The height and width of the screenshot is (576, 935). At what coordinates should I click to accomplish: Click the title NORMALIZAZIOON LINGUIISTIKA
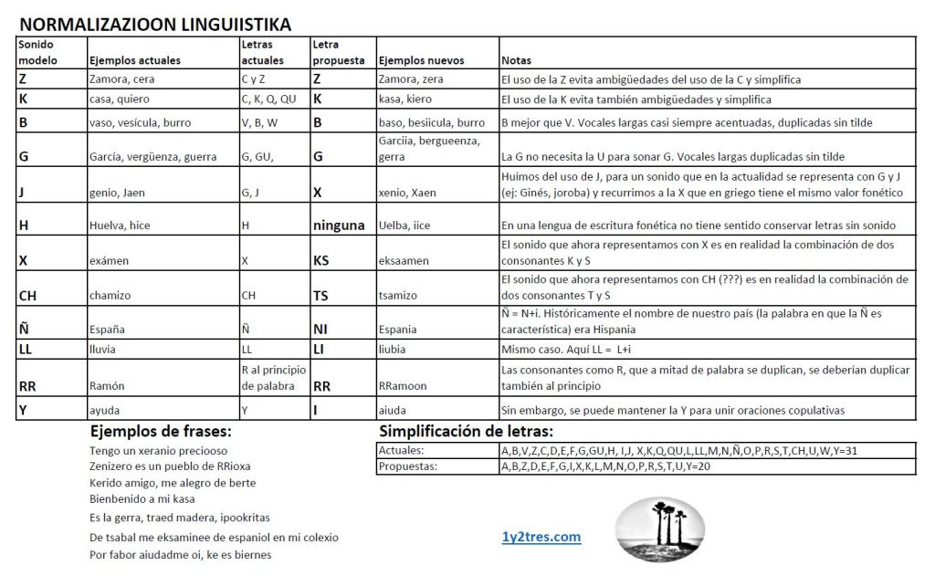coord(155,25)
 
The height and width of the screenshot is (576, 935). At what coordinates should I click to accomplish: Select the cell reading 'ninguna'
coord(339,225)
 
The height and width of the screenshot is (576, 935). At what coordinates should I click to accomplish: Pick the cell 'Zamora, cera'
coord(122,79)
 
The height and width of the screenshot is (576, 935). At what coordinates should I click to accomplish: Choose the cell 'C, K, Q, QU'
coord(268,99)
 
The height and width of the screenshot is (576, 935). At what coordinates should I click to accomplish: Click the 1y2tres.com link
coord(541,537)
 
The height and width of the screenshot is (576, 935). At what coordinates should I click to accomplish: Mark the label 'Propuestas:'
coord(407,466)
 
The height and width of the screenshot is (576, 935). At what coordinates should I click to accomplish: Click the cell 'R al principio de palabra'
coord(273,377)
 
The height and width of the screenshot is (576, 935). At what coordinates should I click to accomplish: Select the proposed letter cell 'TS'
coord(321,296)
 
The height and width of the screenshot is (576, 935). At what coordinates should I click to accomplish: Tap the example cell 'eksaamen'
coord(404,260)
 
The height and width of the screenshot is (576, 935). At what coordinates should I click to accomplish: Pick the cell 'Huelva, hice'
coord(120,225)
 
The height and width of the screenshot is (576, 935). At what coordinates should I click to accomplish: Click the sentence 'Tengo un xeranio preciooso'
coord(159,451)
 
